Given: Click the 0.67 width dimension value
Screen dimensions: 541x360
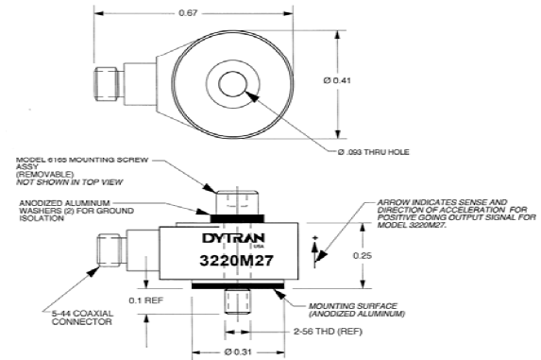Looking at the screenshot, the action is pyautogui.click(x=188, y=13).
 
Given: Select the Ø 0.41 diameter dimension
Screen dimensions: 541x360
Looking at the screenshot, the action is pyautogui.click(x=337, y=80).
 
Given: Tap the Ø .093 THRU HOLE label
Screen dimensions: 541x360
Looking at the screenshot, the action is pyautogui.click(x=373, y=152).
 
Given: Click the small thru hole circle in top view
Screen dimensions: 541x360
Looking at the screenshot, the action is pyautogui.click(x=232, y=84).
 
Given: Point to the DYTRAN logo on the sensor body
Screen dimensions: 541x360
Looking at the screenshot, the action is pyautogui.click(x=233, y=238).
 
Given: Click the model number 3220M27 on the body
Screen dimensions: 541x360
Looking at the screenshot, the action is pyautogui.click(x=236, y=260).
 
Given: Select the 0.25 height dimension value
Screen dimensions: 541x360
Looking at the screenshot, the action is pyautogui.click(x=363, y=255).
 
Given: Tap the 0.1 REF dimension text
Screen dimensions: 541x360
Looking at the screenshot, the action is pyautogui.click(x=146, y=300).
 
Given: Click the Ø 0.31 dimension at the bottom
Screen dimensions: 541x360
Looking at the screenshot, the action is pyautogui.click(x=238, y=352).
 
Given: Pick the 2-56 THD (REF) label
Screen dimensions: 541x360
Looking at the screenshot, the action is pyautogui.click(x=328, y=332).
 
